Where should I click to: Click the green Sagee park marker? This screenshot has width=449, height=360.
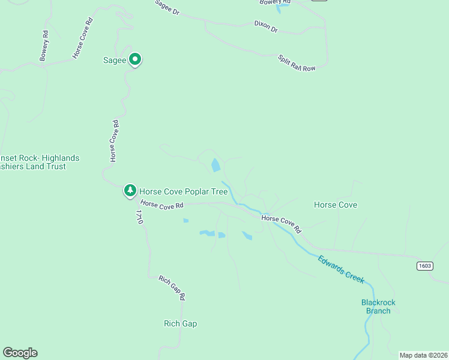coord(135,59)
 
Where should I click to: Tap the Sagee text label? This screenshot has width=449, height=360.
coord(115,60)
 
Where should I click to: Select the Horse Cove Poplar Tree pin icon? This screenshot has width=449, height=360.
coord(130,191)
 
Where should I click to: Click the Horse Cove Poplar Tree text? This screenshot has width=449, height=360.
coord(183,192)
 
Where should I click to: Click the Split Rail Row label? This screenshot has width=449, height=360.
coord(297,63)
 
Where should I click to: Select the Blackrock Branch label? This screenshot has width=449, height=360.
coord(378,307)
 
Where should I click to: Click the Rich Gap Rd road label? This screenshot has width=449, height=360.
coord(172,288)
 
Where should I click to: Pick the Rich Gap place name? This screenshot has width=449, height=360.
coord(180,324)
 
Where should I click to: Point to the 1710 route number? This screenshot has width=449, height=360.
coord(139,217)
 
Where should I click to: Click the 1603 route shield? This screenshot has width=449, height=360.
coord(424,265)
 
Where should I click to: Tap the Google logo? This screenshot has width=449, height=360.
coord(20,353)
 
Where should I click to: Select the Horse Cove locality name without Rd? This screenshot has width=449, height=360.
coord(335,205)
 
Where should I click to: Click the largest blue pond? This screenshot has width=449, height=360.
coord(215,165)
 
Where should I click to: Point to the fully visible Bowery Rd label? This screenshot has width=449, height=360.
coord(44,46)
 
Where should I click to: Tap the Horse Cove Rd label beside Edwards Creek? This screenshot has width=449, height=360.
coord(281,223)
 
